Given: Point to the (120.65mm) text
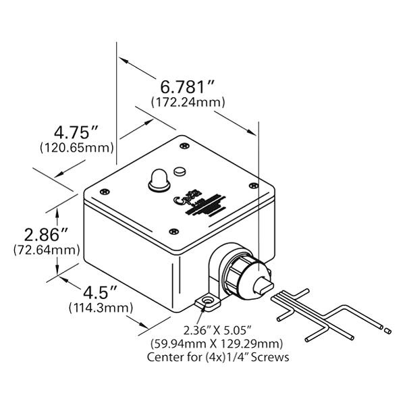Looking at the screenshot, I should [76, 146].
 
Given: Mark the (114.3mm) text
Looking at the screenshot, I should [99, 308].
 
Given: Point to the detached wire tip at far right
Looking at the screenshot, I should [386, 330].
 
